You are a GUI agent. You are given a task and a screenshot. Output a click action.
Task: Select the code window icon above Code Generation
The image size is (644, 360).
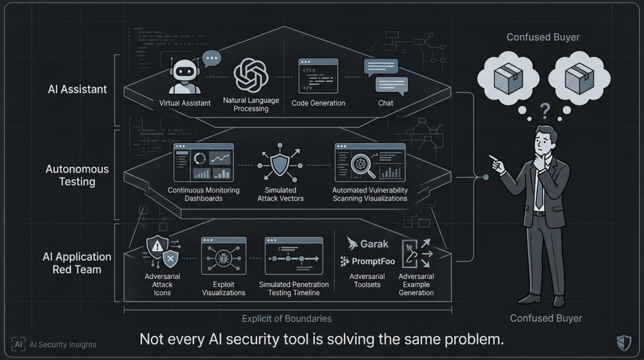coord(318,76)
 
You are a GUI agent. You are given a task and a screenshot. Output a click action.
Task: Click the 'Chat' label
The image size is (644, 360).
coord(386,103)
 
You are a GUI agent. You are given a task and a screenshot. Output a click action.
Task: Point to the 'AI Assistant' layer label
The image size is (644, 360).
coord(77,89)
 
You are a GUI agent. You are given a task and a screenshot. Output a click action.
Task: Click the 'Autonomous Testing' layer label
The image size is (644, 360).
coord(77,176)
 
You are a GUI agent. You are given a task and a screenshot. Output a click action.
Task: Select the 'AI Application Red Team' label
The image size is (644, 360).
coord(77,263)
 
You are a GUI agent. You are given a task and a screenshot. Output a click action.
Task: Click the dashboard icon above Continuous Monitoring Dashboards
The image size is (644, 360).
coord(203,162)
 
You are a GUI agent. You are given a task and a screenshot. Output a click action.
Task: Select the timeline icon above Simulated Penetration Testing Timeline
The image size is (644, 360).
coord(293,255)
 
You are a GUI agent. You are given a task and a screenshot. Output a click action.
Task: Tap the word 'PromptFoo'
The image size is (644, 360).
coord(373,261)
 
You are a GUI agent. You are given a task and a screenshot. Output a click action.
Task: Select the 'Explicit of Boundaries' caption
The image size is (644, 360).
coord(287,318)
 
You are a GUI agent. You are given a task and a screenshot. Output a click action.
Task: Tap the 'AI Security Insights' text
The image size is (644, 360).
coord(63,344)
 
